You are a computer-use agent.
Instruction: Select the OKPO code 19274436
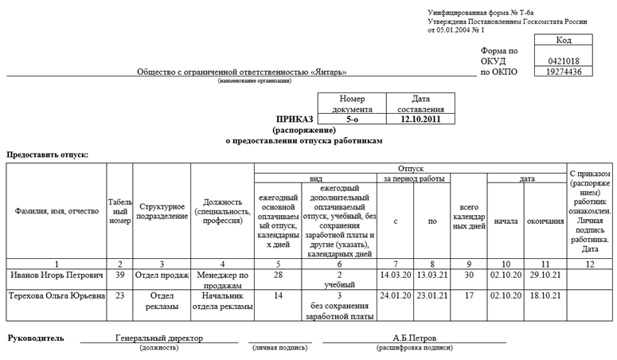click(x=564, y=72)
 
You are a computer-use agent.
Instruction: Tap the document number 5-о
click(x=352, y=119)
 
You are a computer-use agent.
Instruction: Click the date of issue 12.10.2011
click(x=420, y=119)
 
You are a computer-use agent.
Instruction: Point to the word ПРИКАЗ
click(x=295, y=119)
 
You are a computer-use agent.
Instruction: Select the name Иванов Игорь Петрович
click(x=57, y=275)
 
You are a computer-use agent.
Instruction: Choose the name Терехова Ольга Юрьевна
click(x=57, y=295)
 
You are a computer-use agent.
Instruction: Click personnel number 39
click(x=119, y=275)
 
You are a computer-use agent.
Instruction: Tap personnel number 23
click(x=119, y=295)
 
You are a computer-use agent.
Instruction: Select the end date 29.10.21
click(x=545, y=275)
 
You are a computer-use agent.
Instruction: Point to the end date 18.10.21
click(x=545, y=295)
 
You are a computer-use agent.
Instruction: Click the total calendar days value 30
click(x=468, y=275)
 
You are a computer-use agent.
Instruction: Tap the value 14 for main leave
click(x=278, y=295)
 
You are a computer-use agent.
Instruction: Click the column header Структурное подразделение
click(x=162, y=211)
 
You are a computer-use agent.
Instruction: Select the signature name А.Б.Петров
click(x=414, y=338)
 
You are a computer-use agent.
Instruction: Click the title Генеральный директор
click(x=159, y=338)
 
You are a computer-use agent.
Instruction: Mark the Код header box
click(x=564, y=39)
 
